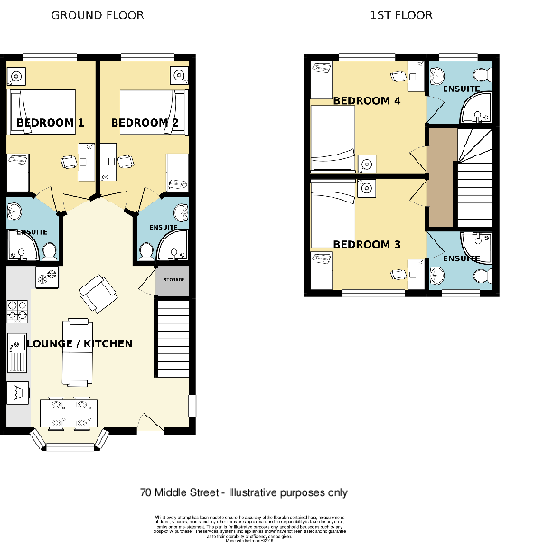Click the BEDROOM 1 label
(51, 122)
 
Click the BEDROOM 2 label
(139, 122)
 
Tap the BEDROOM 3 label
(367, 245)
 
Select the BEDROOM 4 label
(367, 101)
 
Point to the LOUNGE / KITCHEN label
(80, 343)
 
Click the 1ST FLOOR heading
(401, 15)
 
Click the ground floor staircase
(173, 339)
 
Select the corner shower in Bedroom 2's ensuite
(168, 243)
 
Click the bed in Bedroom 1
(42, 112)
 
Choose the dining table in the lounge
(68, 414)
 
